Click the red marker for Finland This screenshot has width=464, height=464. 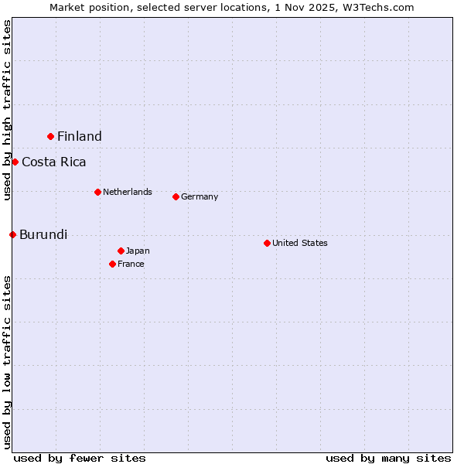point(51,136)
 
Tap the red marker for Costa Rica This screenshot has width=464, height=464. point(15,162)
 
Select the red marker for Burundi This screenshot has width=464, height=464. point(12,234)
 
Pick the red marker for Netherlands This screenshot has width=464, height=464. point(97,192)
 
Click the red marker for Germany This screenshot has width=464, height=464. point(176,196)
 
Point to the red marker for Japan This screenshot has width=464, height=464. point(121,251)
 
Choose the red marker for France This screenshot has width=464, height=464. point(112,264)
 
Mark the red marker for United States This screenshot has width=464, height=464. point(267,243)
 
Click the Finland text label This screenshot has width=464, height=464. point(80,136)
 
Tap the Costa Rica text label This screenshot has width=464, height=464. point(54,162)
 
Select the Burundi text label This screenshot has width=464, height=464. point(43,234)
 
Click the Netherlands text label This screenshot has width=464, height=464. point(128,192)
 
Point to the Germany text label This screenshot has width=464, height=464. point(200,196)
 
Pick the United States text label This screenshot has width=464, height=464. point(300,243)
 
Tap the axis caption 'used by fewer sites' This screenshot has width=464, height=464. point(80,458)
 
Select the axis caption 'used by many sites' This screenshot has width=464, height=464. point(388,458)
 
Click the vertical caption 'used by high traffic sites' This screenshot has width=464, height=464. point(7,110)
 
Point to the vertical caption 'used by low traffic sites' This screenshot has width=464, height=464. point(7,362)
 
